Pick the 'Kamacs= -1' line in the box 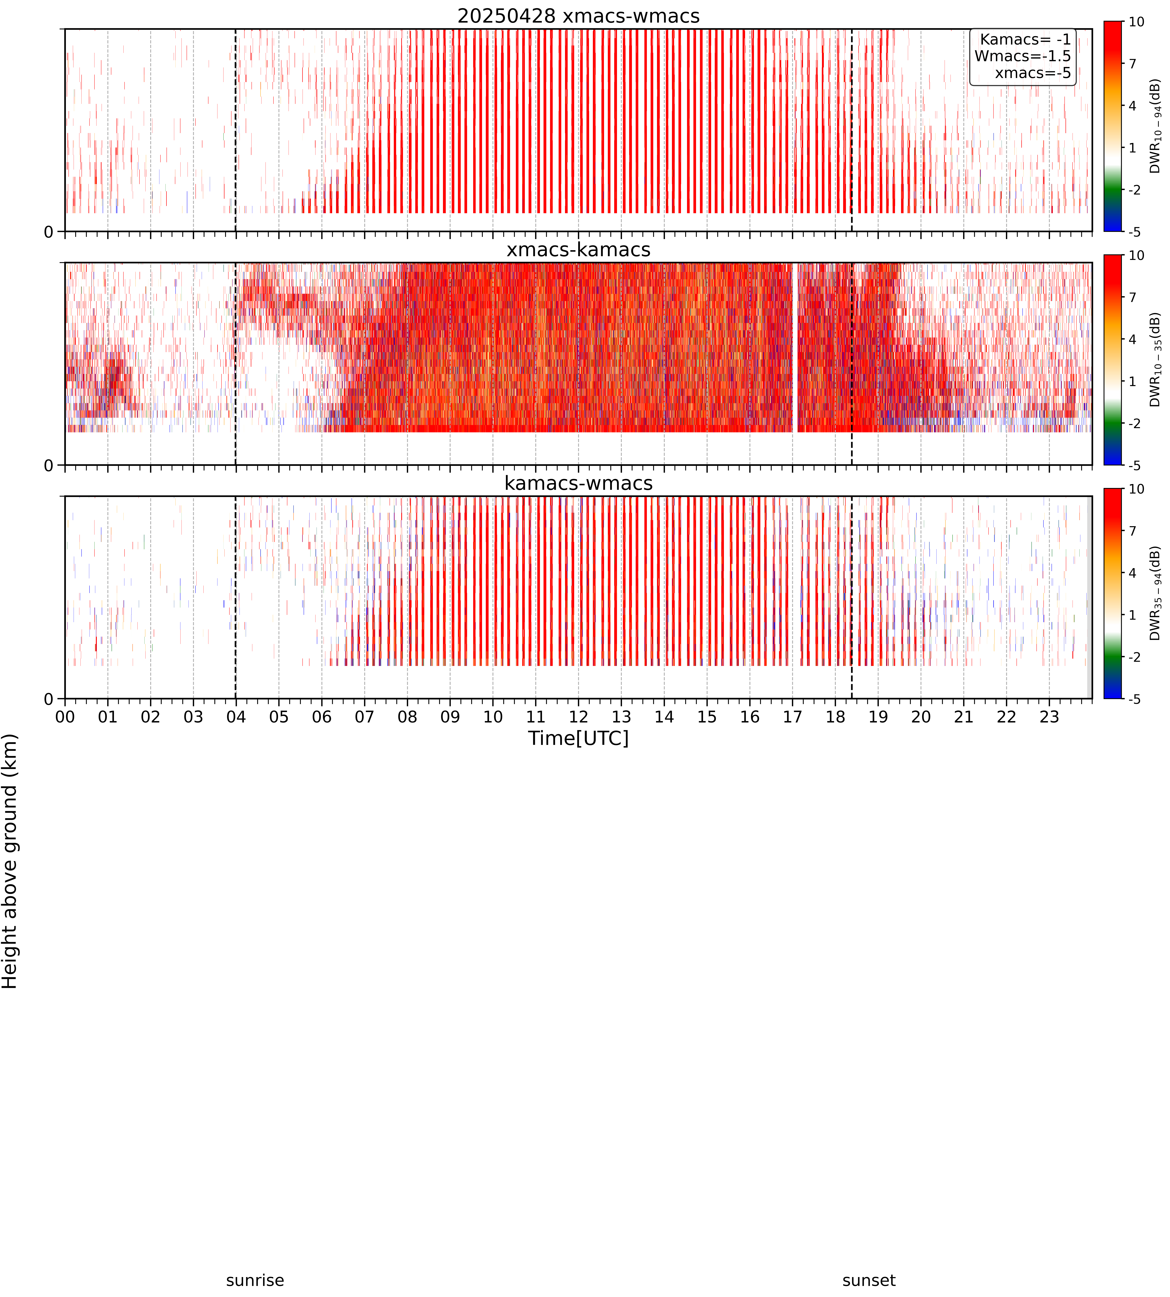point(1025,39)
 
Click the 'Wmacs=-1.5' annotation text point(1023,56)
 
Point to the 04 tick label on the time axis point(236,717)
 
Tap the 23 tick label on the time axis point(1049,717)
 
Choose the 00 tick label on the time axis point(65,717)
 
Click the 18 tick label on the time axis point(835,717)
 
